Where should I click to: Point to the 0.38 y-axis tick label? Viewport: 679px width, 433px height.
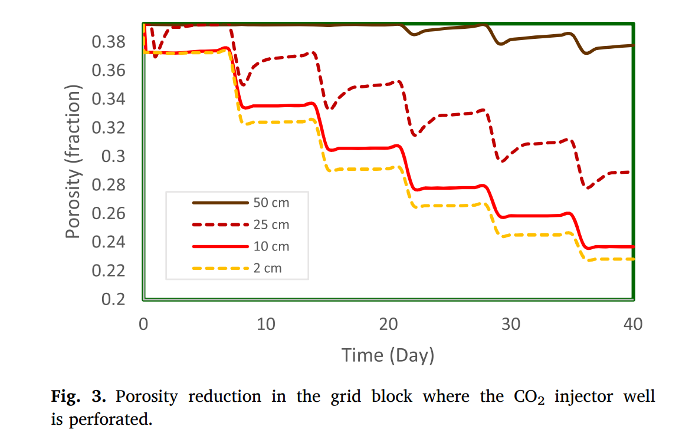[x=109, y=42]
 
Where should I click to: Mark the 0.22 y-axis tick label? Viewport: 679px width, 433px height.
[x=109, y=270]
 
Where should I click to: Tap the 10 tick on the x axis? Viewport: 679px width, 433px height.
[x=266, y=324]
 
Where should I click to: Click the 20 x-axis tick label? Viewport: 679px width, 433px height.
[x=388, y=324]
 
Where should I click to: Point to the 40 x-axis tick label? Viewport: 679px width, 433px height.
[x=633, y=324]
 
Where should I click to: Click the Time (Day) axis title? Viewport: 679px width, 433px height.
[x=388, y=355]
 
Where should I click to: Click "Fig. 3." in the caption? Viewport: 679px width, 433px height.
[x=78, y=396]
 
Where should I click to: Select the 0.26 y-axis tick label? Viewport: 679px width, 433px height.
[x=109, y=213]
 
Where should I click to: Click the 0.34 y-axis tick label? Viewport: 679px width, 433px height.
[x=109, y=99]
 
